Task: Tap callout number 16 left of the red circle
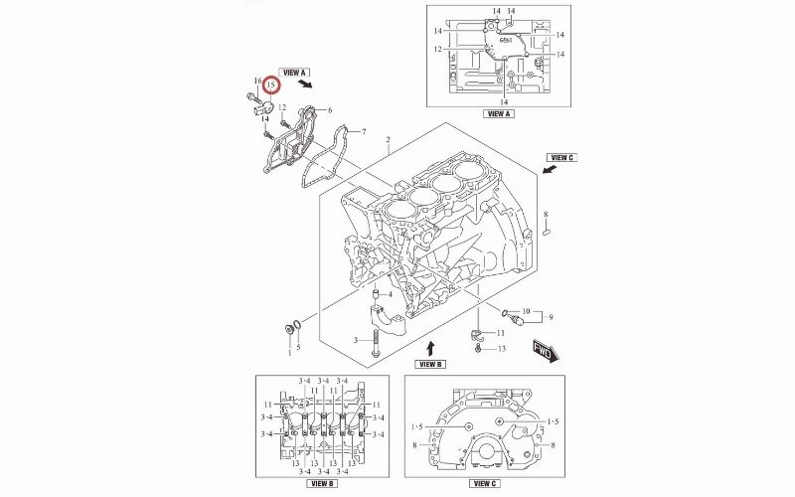[x=256, y=82]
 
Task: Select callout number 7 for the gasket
[x=364, y=132]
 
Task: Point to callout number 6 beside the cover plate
[x=329, y=109]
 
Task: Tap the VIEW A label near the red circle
[x=296, y=73]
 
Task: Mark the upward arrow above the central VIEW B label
[x=430, y=348]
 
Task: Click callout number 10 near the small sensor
[x=527, y=311]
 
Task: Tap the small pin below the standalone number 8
[x=546, y=234]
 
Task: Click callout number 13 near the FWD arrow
[x=502, y=349]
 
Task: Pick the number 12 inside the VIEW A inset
[x=437, y=49]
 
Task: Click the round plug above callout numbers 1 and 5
[x=290, y=329]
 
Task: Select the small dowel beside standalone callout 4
[x=377, y=295]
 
